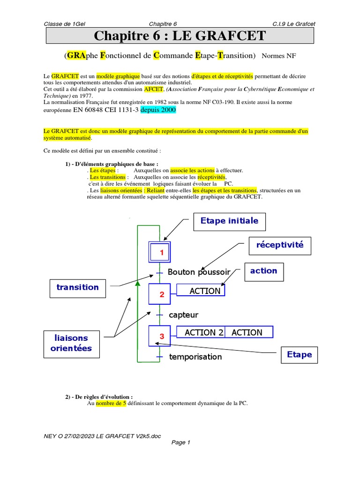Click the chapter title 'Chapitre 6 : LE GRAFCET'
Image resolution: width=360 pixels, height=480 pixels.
pyautogui.click(x=180, y=36)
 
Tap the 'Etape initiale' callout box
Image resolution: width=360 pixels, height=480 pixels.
pyautogui.click(x=229, y=221)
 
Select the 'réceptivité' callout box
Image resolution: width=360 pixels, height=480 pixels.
pyautogui.click(x=280, y=245)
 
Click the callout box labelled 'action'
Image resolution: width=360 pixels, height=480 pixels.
pyautogui.click(x=263, y=271)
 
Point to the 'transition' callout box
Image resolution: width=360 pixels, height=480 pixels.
pyautogui.click(x=78, y=287)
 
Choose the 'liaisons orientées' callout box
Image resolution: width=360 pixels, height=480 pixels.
pyautogui.click(x=73, y=343)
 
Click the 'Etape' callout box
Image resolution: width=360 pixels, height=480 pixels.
pyautogui.click(x=300, y=355)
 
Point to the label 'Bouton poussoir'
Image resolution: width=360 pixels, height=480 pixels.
pyautogui.click(x=199, y=272)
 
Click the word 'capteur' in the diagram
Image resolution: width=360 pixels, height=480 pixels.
pyautogui.click(x=183, y=315)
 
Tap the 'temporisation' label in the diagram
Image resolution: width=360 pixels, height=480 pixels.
pyautogui.click(x=195, y=357)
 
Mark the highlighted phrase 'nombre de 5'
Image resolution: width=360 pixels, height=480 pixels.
pyautogui.click(x=111, y=403)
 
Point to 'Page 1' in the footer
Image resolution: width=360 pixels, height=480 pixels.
pyautogui.click(x=180, y=442)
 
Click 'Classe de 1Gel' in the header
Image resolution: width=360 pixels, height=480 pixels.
pyautogui.click(x=65, y=24)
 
